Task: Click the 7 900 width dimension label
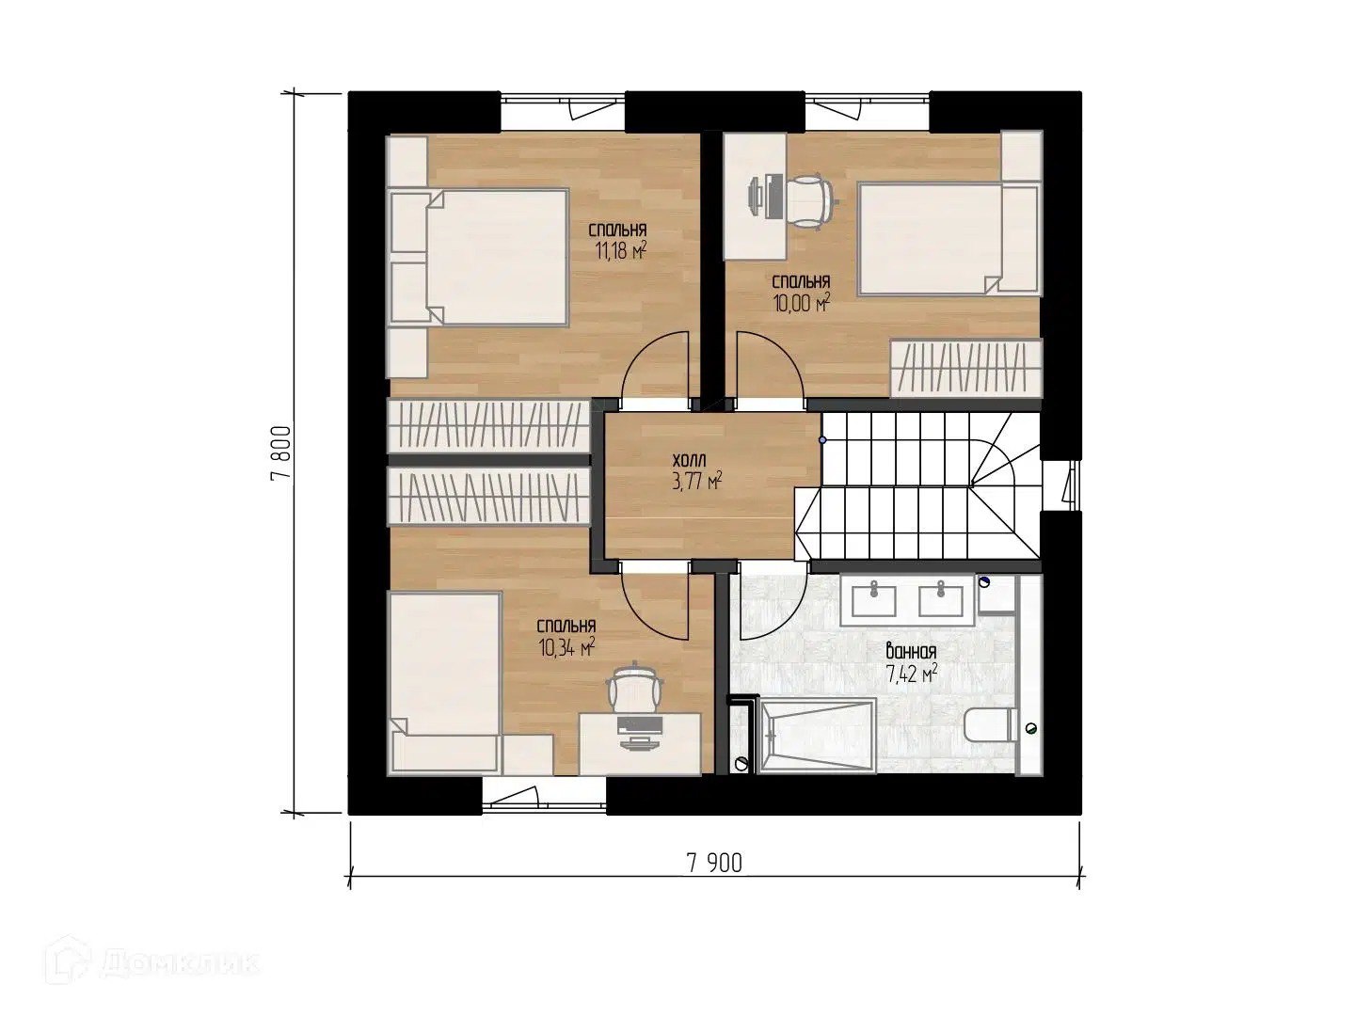714,863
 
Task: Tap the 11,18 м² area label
620,251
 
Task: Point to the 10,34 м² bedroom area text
566,648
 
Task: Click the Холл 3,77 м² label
697,471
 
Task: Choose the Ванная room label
911,651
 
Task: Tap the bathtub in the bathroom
817,735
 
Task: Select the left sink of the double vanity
874,600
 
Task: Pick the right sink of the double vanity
941,600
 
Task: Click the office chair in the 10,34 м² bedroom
635,687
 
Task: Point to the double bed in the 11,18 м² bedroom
479,257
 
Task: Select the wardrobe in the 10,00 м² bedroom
966,368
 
